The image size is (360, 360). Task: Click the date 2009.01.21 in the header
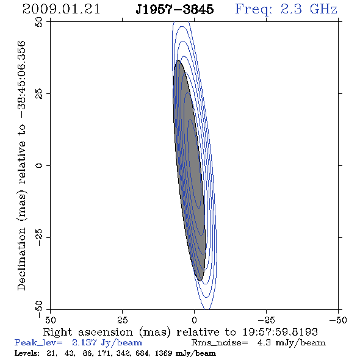point(61,9)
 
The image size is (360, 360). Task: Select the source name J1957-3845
point(175,9)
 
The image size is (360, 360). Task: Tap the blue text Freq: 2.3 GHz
point(286,9)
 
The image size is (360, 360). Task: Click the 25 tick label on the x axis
point(122,320)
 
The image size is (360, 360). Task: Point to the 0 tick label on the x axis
point(194,320)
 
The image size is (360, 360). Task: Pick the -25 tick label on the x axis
point(266,320)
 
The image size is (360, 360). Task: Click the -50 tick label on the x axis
point(338,320)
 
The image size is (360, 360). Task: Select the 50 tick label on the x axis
point(50,320)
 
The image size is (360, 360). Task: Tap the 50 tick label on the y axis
point(39,22)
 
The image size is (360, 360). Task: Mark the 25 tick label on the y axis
point(39,94)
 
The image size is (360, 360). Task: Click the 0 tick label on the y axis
point(39,165)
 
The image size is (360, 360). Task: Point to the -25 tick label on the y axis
point(39,237)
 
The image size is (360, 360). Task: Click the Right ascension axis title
point(181,332)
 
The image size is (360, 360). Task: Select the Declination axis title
point(22,165)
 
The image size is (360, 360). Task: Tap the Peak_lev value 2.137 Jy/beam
point(107,343)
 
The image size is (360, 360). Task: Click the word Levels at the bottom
point(27,353)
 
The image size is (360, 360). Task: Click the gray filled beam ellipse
point(189,171)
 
